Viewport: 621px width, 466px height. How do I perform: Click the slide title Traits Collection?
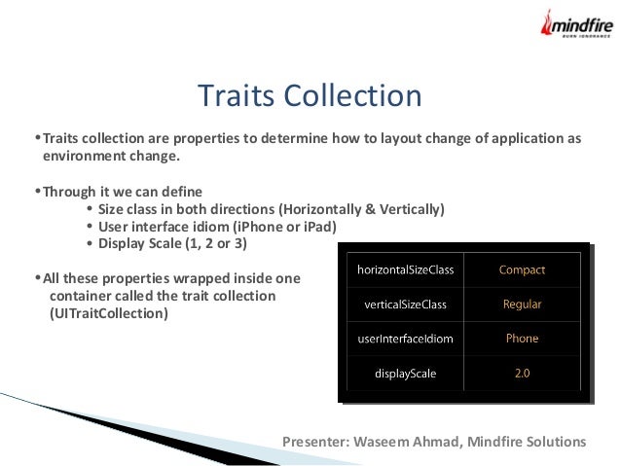coord(310,96)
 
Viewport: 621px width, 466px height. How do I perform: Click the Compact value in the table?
coord(522,269)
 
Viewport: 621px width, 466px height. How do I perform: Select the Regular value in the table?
coord(522,305)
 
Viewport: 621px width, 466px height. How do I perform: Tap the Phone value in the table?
coord(522,339)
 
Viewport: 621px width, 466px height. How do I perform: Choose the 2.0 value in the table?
coord(522,372)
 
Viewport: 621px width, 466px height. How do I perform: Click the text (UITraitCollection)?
coord(108,314)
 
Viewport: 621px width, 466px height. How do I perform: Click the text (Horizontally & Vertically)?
coord(361,209)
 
